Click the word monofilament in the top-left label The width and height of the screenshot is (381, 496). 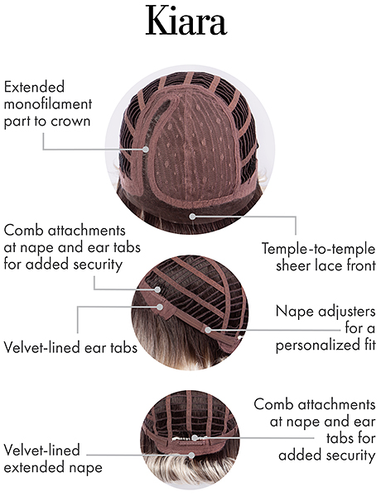coord(48,104)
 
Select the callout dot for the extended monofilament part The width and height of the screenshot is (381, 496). coord(146,149)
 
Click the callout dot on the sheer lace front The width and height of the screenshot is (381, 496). coord(192,217)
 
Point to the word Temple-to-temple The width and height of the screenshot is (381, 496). coord(319,249)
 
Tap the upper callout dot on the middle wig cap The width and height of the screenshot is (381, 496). coord(157,289)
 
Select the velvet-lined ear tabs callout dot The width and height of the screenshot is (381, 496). coord(161,307)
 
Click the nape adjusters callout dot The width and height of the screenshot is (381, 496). coord(208,330)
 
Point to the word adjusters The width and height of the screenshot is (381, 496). coord(347,312)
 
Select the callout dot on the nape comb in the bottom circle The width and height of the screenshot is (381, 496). coord(195,438)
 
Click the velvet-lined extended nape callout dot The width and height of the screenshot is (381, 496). coord(191,455)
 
